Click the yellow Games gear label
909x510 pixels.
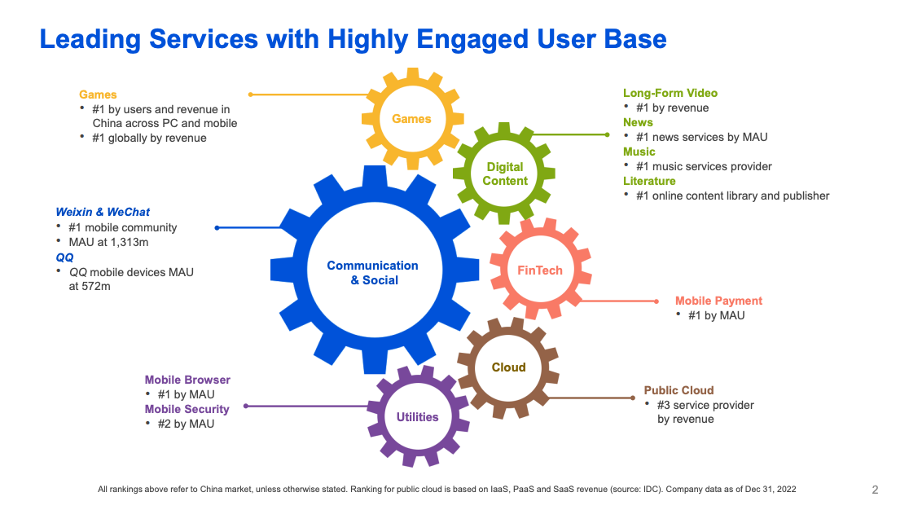(x=411, y=119)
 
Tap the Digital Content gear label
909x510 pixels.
(x=505, y=174)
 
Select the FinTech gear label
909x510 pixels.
(x=540, y=270)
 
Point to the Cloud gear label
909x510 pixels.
(x=508, y=367)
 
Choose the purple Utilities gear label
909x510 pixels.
(x=417, y=417)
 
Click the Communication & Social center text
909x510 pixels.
(x=372, y=273)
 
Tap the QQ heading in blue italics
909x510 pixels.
(x=64, y=257)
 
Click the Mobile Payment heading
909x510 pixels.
(x=718, y=301)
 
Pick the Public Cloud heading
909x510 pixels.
(x=678, y=390)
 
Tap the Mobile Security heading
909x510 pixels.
(x=187, y=409)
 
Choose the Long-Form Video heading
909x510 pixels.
(x=670, y=93)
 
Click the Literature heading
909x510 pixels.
(x=649, y=181)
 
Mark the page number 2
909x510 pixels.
(x=875, y=490)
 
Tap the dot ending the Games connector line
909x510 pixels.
(x=250, y=95)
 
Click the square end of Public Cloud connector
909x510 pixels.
(x=632, y=398)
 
